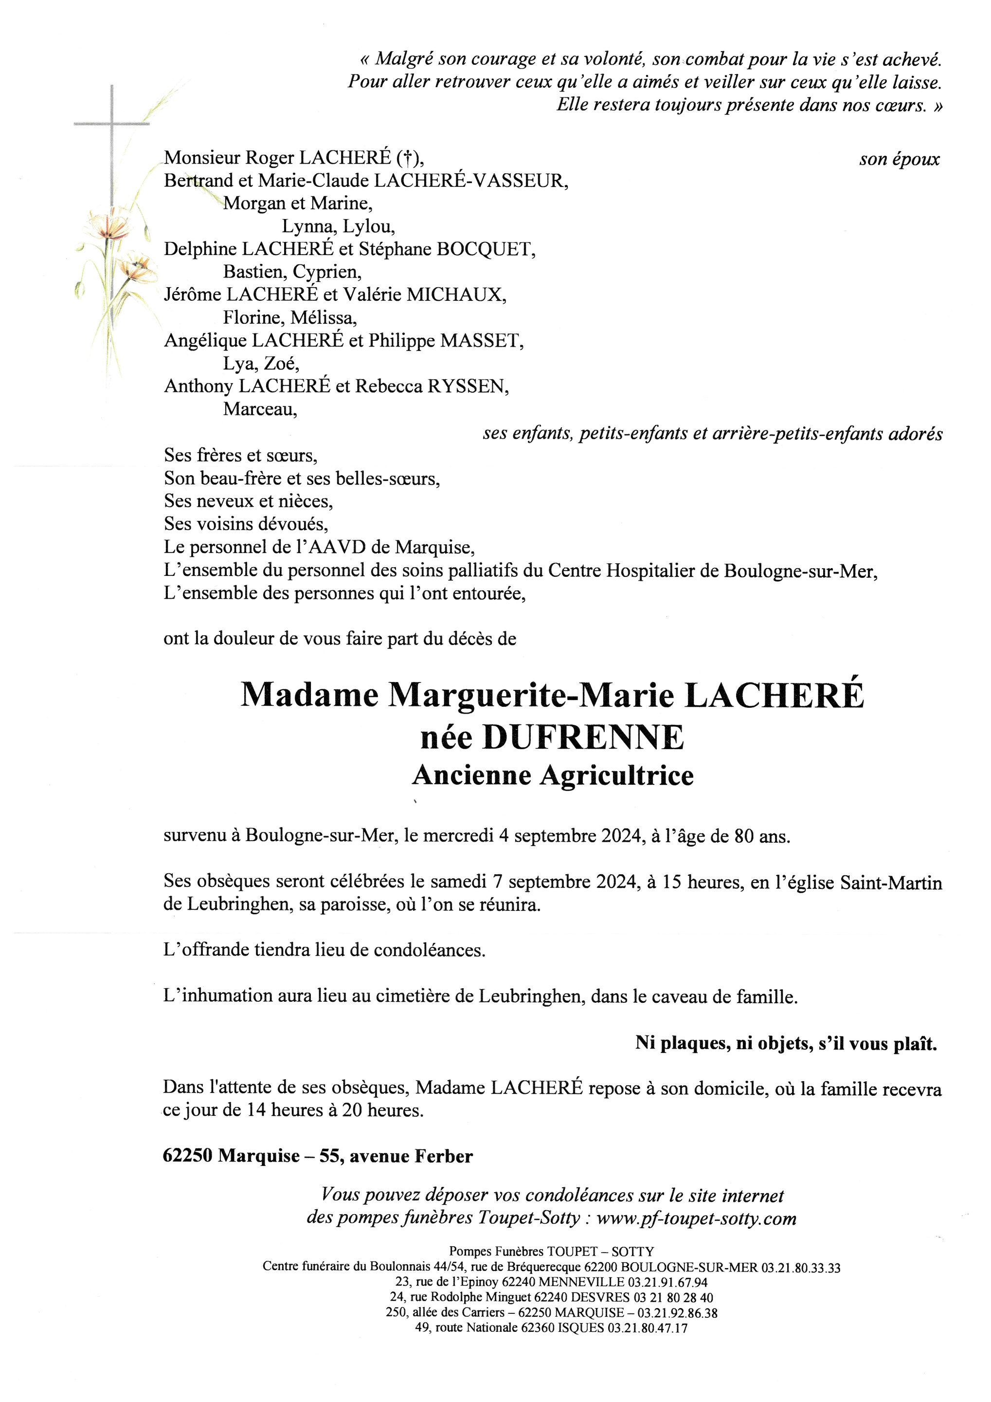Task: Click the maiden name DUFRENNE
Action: click(584, 738)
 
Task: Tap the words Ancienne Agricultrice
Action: click(553, 775)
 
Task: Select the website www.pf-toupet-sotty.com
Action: click(696, 1218)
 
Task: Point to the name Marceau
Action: click(260, 409)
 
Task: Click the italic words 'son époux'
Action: click(900, 160)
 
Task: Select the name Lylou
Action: click(369, 226)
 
